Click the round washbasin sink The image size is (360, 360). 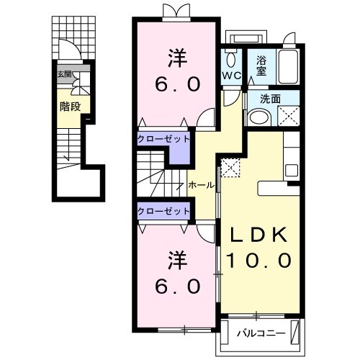258,118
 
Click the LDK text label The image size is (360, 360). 258,235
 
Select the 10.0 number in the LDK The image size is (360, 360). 258,259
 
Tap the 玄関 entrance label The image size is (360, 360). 64,75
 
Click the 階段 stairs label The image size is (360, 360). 69,107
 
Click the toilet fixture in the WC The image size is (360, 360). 231,58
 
